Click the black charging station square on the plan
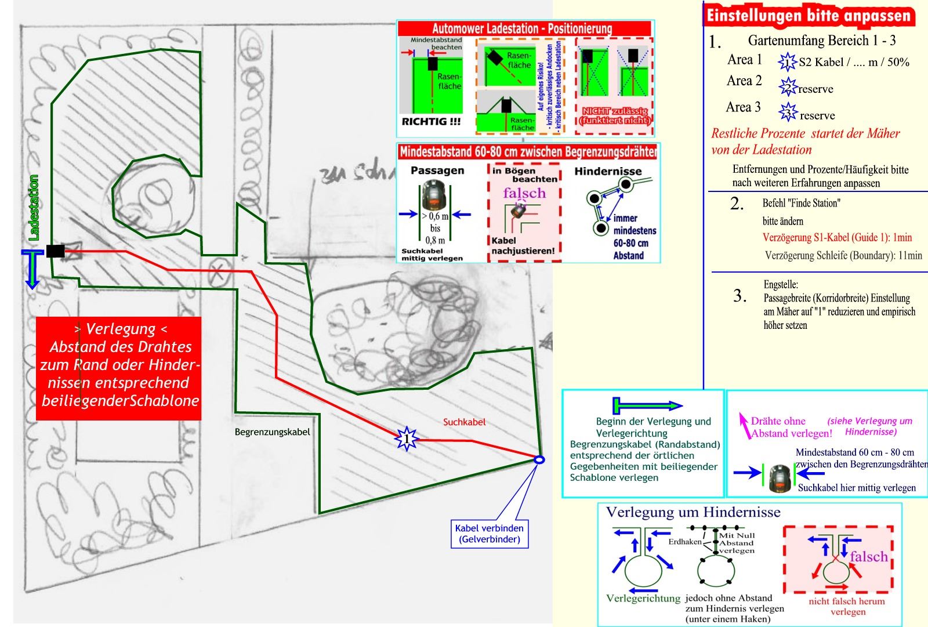55,251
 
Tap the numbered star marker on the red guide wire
407,438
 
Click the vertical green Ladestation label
34,208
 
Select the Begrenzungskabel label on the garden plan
272,432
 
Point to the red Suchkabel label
464,422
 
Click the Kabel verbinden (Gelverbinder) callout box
490,534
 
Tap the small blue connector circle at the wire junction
539,460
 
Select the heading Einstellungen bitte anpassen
809,16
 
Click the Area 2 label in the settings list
744,81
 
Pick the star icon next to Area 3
788,112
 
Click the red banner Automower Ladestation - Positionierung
522,28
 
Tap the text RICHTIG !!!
431,122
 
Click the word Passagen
437,171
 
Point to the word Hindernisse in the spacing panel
608,171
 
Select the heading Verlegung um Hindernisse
693,513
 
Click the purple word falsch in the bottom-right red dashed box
868,557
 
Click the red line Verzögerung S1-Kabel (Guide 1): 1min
837,237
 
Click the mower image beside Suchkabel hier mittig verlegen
780,479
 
